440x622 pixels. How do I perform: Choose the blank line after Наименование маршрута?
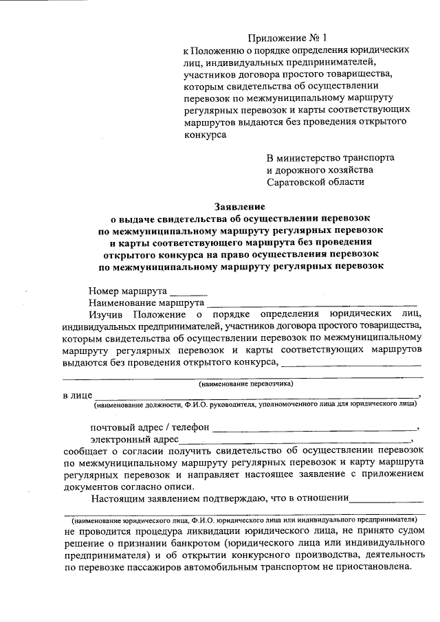(x=312, y=302)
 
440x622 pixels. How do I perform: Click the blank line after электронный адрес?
(x=296, y=439)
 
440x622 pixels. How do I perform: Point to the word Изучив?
(x=107, y=313)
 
